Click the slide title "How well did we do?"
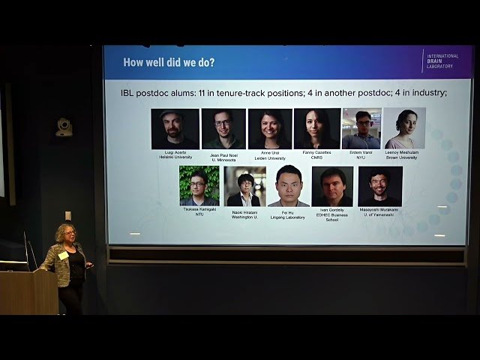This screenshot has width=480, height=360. click(x=169, y=62)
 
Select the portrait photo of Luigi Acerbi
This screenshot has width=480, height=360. click(x=175, y=129)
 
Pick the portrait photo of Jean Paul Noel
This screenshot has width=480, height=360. click(x=223, y=129)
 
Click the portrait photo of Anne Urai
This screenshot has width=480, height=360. click(x=270, y=129)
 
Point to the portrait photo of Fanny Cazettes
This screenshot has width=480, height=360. click(x=317, y=129)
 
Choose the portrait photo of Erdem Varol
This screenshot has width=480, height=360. click(x=361, y=129)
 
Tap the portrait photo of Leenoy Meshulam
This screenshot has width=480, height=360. click(x=404, y=128)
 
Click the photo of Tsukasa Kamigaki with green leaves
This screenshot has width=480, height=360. click(x=199, y=186)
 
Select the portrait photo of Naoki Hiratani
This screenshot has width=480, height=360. click(x=244, y=186)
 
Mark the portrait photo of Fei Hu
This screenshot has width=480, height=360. click(x=289, y=187)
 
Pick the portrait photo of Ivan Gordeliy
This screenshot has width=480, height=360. click(x=332, y=186)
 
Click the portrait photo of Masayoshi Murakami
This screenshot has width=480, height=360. click(x=380, y=186)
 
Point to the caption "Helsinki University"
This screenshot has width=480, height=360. click(x=175, y=157)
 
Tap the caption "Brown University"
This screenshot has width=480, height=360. click(x=401, y=157)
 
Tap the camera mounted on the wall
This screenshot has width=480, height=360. click(x=64, y=126)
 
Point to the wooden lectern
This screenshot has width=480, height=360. click(x=28, y=292)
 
